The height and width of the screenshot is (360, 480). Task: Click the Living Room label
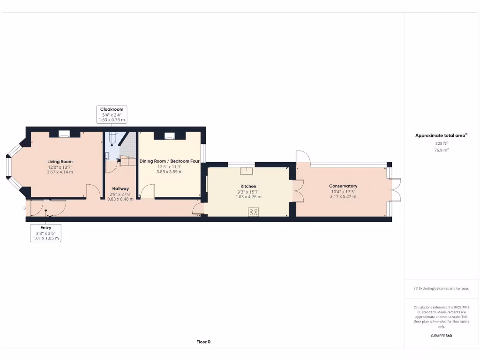60,162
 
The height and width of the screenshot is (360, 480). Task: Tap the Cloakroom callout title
112,109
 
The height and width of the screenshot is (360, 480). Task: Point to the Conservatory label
343,186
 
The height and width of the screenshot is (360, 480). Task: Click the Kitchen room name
248,186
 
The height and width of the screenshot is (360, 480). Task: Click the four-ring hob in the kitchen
254,211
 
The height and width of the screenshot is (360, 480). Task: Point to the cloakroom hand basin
107,155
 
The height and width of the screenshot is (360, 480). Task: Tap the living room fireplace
64,135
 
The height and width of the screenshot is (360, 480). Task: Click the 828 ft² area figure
441,143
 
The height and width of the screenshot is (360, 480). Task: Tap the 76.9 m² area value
441,150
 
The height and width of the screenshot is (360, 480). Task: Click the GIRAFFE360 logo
441,336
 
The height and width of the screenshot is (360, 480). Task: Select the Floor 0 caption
203,342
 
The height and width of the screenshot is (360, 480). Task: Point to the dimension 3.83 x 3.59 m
169,172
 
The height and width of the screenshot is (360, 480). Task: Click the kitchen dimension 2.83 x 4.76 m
248,197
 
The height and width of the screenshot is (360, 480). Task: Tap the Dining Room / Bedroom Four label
169,161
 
